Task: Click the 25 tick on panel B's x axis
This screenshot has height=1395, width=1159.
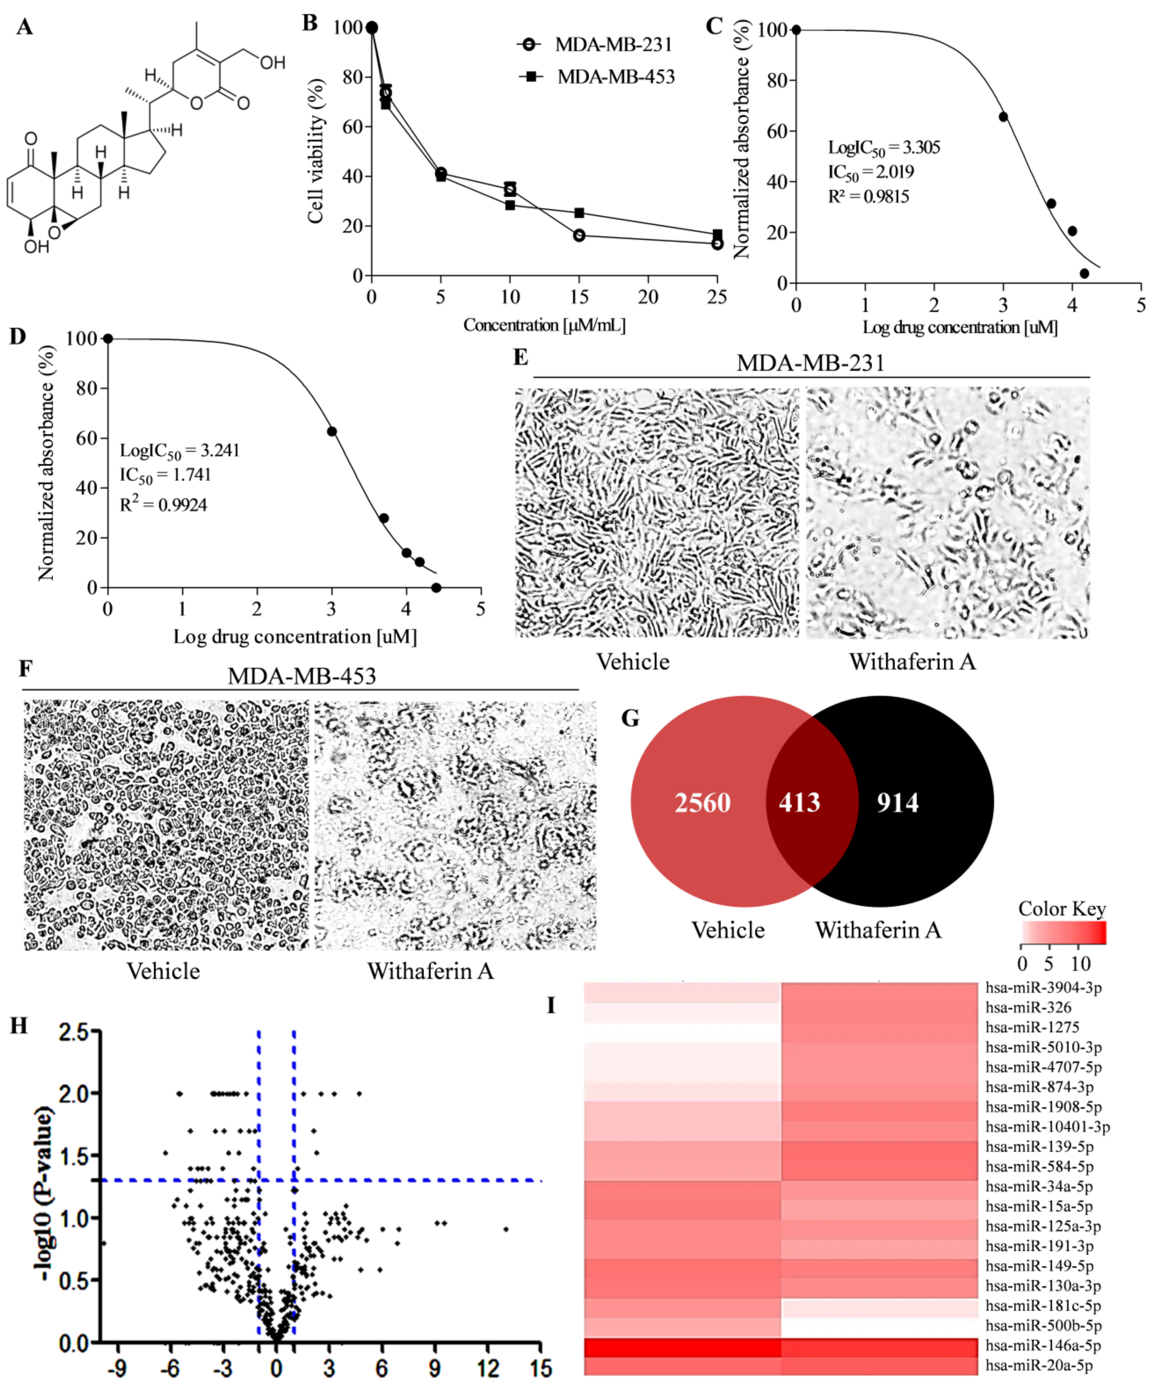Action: pyautogui.click(x=716, y=297)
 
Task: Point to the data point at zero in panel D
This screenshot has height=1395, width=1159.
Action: pyautogui.click(x=108, y=339)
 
